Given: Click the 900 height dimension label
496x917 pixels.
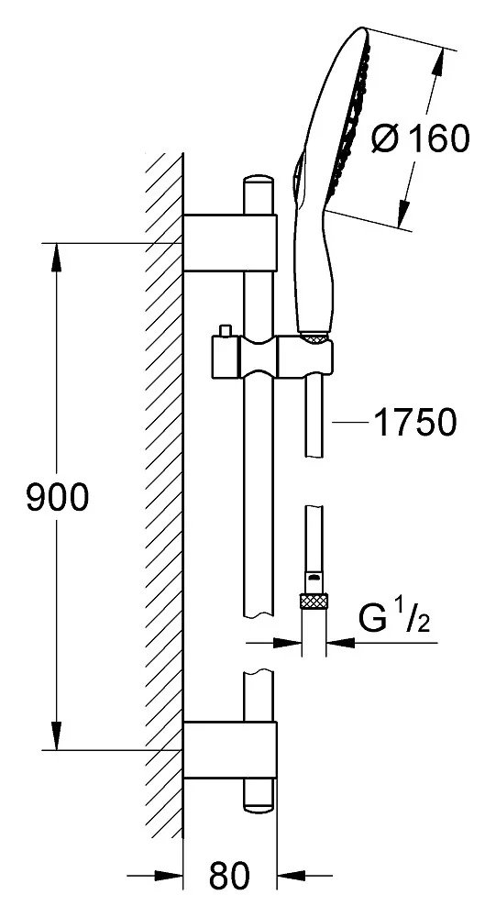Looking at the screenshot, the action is [58, 497].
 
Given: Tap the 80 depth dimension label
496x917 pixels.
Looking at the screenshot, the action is [229, 876].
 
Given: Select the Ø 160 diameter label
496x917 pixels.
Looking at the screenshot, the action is [421, 138].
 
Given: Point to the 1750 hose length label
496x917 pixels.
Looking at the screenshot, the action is [414, 422].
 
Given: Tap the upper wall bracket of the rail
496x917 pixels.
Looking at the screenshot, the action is [230, 243].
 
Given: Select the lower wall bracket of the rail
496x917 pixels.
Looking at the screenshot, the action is [230, 750].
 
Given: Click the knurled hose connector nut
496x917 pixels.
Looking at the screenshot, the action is [314, 602].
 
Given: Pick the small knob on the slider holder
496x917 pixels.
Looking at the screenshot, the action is [224, 332].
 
